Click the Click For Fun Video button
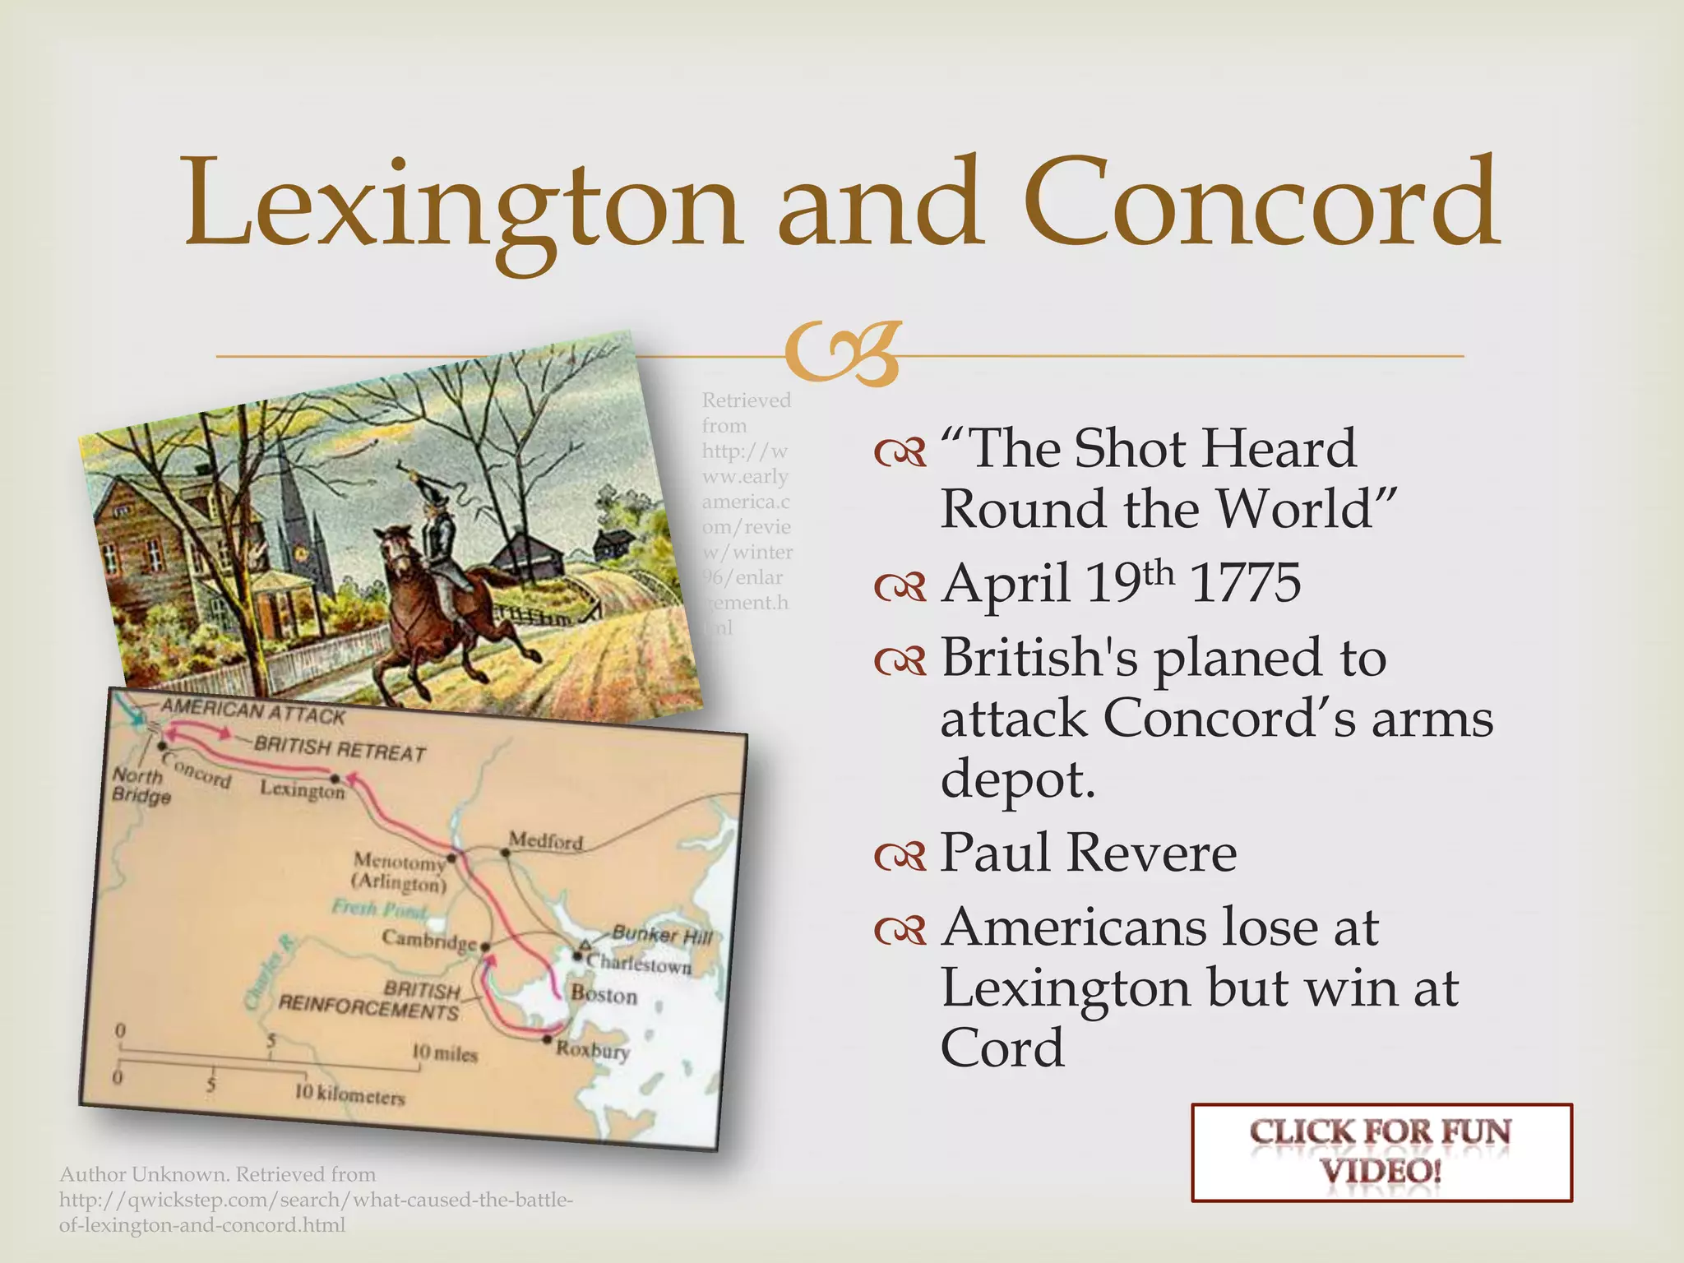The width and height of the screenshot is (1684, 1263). (1381, 1152)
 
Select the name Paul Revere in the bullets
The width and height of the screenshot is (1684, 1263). (1089, 852)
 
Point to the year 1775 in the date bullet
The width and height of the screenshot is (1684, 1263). (1246, 582)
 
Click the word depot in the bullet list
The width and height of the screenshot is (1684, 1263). (1018, 778)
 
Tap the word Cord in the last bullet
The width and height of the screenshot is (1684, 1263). (1002, 1048)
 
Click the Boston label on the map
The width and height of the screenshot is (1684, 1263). (604, 995)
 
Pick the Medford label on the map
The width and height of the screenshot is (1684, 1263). (546, 840)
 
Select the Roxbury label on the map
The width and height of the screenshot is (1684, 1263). (593, 1050)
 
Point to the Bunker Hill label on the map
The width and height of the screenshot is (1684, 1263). (662, 935)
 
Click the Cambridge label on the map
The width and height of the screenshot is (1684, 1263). (429, 939)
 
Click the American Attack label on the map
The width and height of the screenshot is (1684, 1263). (253, 712)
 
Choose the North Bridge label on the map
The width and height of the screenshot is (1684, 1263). (140, 785)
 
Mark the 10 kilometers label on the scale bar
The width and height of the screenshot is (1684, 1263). (349, 1095)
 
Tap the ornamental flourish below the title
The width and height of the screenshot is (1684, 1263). (842, 354)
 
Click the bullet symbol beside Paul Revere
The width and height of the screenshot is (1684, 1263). (901, 857)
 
